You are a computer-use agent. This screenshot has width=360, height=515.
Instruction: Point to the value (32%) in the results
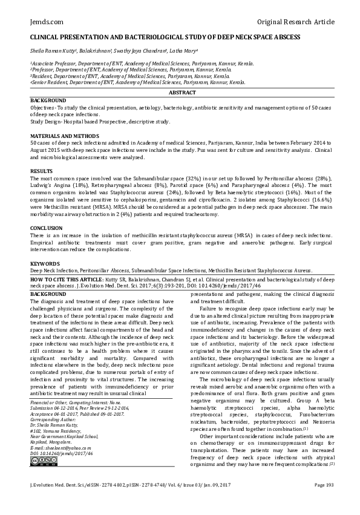[x=188, y=180]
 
